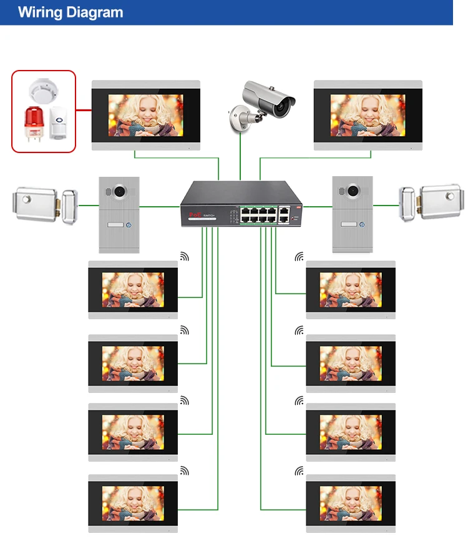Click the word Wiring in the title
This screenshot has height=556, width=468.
pyautogui.click(x=42, y=12)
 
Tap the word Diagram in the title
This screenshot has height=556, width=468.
pyautogui.click(x=96, y=12)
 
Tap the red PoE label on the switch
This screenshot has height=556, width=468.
pyautogui.click(x=193, y=214)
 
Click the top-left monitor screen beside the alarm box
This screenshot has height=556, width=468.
pyautogui.click(x=146, y=116)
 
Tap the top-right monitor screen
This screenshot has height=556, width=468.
pyautogui.click(x=368, y=116)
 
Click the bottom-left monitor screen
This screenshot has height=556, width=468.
pyautogui.click(x=133, y=504)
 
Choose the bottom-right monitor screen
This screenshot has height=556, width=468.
pyautogui.click(x=351, y=504)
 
